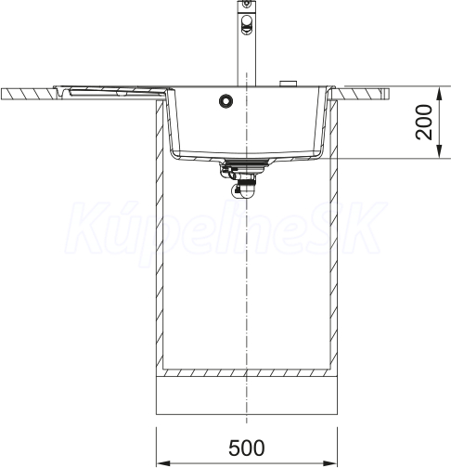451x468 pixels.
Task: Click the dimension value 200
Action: pyautogui.click(x=423, y=123)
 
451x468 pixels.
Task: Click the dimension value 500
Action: pyautogui.click(x=247, y=448)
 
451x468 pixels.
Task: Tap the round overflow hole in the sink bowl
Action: pyautogui.click(x=225, y=100)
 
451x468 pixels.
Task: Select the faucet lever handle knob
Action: pyautogui.click(x=247, y=25)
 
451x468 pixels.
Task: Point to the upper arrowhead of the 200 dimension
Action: pyautogui.click(x=439, y=93)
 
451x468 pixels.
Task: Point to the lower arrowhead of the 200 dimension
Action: pyautogui.click(x=439, y=151)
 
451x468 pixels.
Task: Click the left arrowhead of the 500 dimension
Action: pyautogui.click(x=163, y=463)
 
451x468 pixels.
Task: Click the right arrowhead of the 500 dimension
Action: pyautogui.click(x=330, y=463)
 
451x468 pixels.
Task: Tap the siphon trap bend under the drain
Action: pyautogui.click(x=243, y=189)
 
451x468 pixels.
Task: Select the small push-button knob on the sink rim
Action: pyautogui.click(x=288, y=84)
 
